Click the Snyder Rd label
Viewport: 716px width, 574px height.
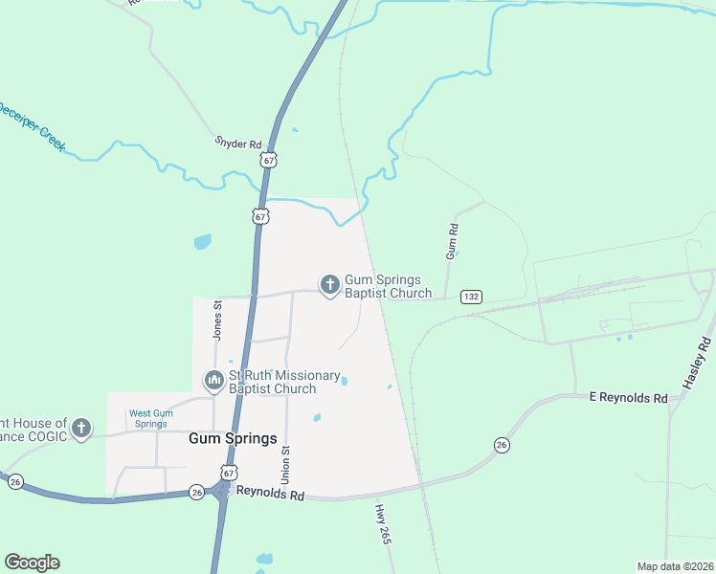(x=237, y=144)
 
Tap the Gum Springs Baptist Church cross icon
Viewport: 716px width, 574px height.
(x=330, y=284)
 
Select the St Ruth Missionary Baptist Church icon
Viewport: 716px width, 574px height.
(x=213, y=382)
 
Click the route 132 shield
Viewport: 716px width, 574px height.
(x=470, y=297)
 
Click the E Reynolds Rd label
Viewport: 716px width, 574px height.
(x=627, y=397)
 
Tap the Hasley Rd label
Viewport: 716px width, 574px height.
(x=698, y=363)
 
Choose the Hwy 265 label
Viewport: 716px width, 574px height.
(x=384, y=523)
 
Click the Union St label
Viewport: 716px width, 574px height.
(x=285, y=464)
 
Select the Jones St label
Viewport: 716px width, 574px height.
(x=218, y=320)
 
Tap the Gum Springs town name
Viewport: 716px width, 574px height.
(x=233, y=439)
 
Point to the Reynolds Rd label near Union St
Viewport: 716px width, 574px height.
(x=270, y=497)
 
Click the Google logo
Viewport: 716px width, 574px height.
(x=32, y=563)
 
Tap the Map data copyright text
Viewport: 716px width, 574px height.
(x=675, y=566)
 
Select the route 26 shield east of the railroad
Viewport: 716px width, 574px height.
(x=501, y=445)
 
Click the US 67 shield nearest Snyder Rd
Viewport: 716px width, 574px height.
(x=270, y=161)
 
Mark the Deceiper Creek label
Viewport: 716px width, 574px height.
(x=32, y=124)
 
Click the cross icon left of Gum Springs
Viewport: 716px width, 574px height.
(x=81, y=428)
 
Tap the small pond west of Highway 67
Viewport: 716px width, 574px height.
(x=202, y=242)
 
